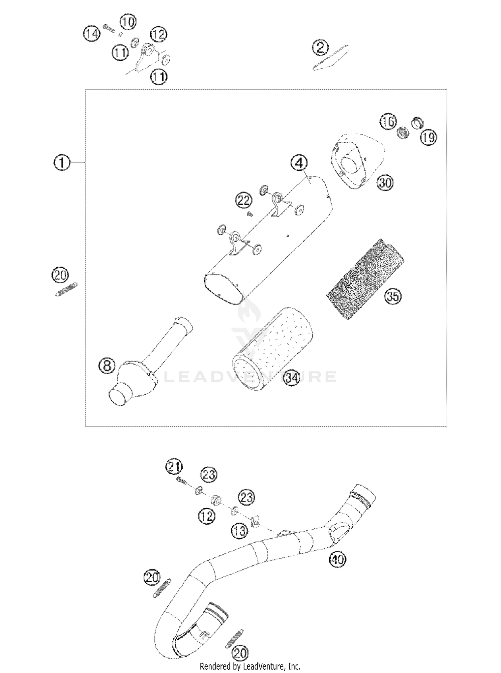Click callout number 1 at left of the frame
pyautogui.click(x=62, y=163)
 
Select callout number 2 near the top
pyautogui.click(x=320, y=48)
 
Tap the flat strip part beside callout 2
pyautogui.click(x=331, y=57)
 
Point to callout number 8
pyautogui.click(x=107, y=365)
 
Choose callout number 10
pyautogui.click(x=128, y=22)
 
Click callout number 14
pyautogui.click(x=92, y=33)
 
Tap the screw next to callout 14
pyautogui.click(x=109, y=28)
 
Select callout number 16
pyautogui.click(x=388, y=122)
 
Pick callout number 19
pyautogui.click(x=429, y=137)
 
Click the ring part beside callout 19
pyautogui.click(x=417, y=123)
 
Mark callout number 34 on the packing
pyautogui.click(x=291, y=378)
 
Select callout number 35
pyautogui.click(x=393, y=296)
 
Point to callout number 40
pyautogui.click(x=338, y=559)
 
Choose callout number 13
pyautogui.click(x=239, y=531)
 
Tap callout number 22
pyautogui.click(x=244, y=201)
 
